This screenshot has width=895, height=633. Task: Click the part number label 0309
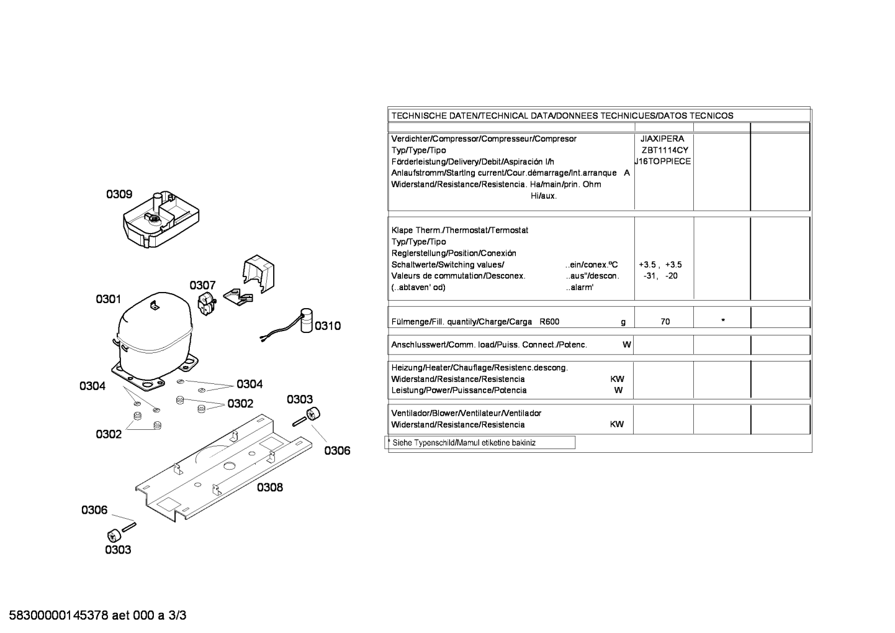tap(119, 194)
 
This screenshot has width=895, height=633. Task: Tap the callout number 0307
tap(202, 286)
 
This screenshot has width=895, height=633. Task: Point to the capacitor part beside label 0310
tap(307, 320)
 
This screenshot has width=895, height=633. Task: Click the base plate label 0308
tap(270, 488)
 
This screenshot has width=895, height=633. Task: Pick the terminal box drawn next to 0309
tap(161, 219)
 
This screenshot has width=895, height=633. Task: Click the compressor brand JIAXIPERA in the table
tap(662, 139)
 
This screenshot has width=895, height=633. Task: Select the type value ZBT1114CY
tap(665, 150)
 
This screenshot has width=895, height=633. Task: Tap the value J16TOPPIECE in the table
tap(663, 162)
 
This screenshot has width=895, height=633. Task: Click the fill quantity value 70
tap(665, 322)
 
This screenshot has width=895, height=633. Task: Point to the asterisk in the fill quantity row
tap(723, 321)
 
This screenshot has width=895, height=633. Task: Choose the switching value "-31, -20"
tap(660, 276)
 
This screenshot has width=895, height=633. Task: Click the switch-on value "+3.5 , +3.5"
tap(660, 265)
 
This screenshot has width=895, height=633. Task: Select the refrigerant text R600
tap(549, 322)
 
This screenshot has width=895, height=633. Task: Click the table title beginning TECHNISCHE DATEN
tap(562, 116)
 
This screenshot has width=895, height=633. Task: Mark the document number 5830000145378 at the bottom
tap(58, 616)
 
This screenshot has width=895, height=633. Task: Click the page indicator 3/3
tap(177, 616)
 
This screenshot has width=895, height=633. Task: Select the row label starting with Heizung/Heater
tap(479, 368)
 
